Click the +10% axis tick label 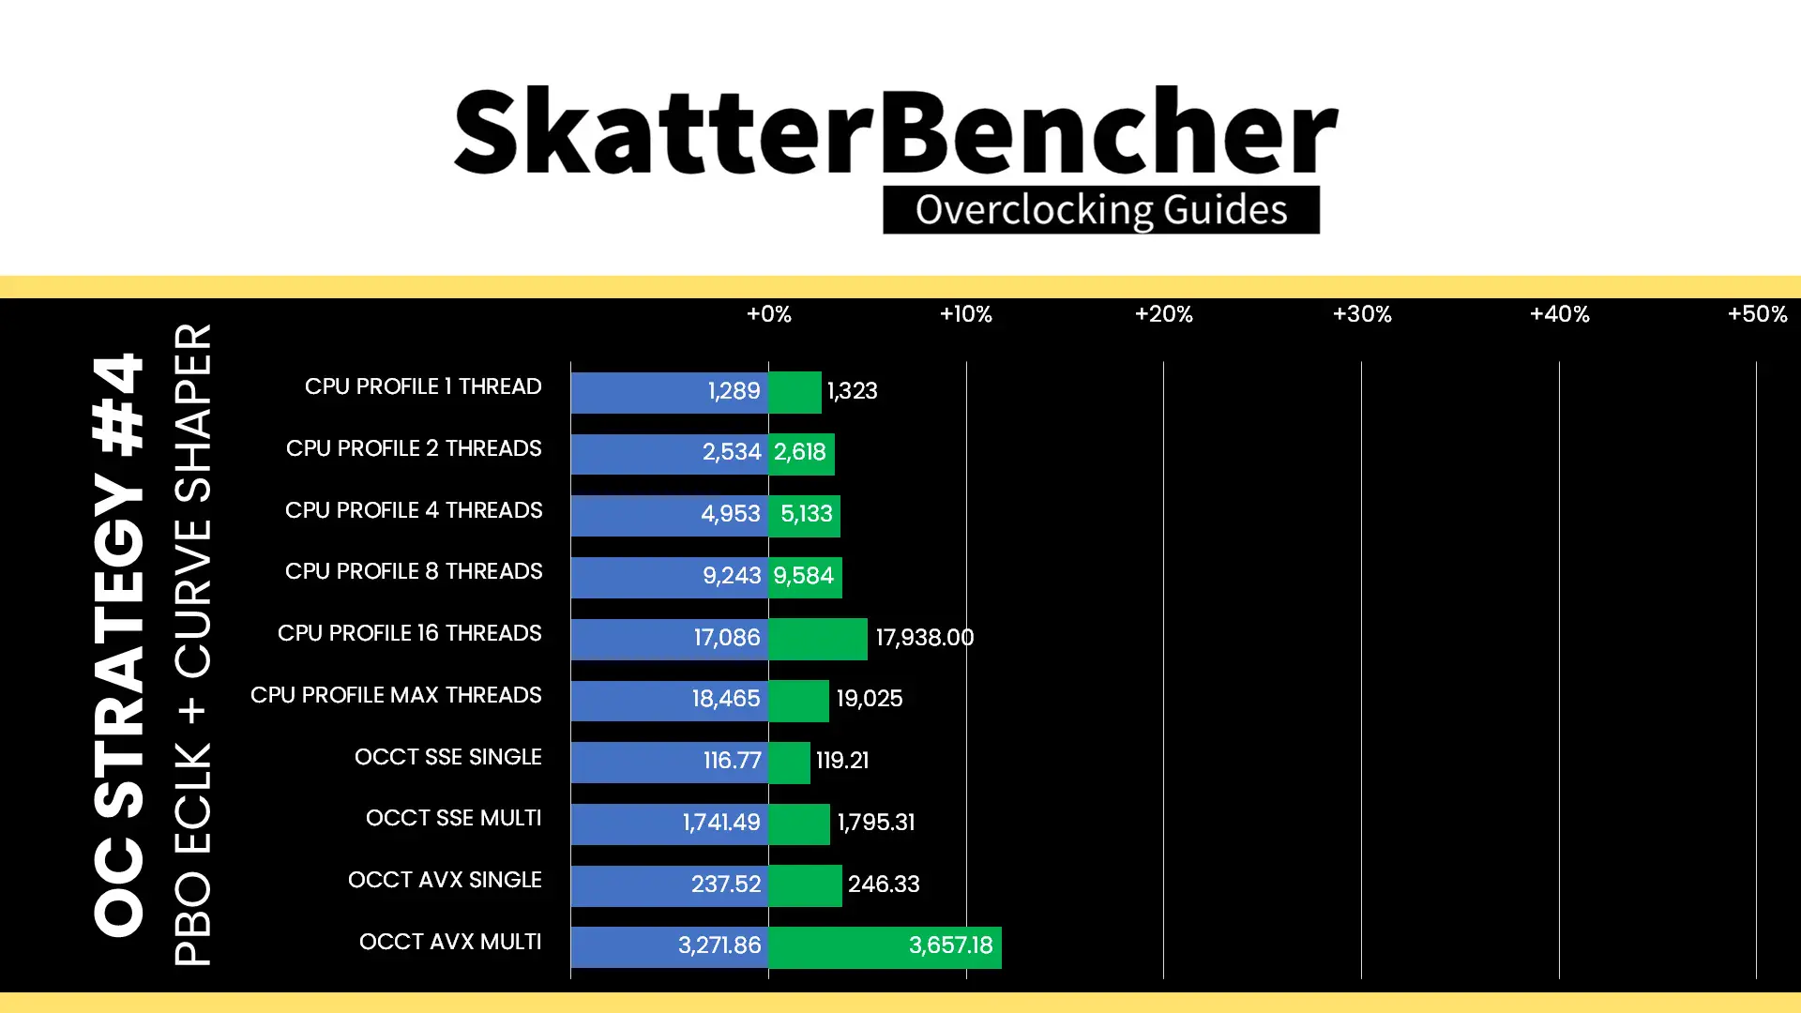click(x=965, y=314)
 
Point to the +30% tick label click(x=1362, y=314)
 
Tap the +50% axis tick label click(x=1757, y=314)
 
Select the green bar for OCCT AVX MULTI click(x=885, y=946)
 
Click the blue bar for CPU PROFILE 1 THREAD click(x=670, y=392)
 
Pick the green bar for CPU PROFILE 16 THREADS click(x=818, y=639)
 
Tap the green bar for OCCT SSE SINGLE click(x=789, y=762)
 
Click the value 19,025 click(x=870, y=699)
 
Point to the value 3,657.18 click(x=950, y=945)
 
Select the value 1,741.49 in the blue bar click(x=721, y=823)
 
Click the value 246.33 click(x=884, y=884)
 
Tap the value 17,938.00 click(x=925, y=638)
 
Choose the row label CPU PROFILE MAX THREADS click(x=396, y=695)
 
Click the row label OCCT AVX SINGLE click(x=445, y=880)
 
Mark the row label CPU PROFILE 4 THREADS click(x=414, y=510)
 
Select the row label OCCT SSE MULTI click(x=453, y=818)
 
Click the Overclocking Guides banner click(x=1101, y=209)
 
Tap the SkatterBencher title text click(x=896, y=131)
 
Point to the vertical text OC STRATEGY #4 click(x=119, y=644)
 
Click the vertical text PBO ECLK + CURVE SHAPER click(x=193, y=644)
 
